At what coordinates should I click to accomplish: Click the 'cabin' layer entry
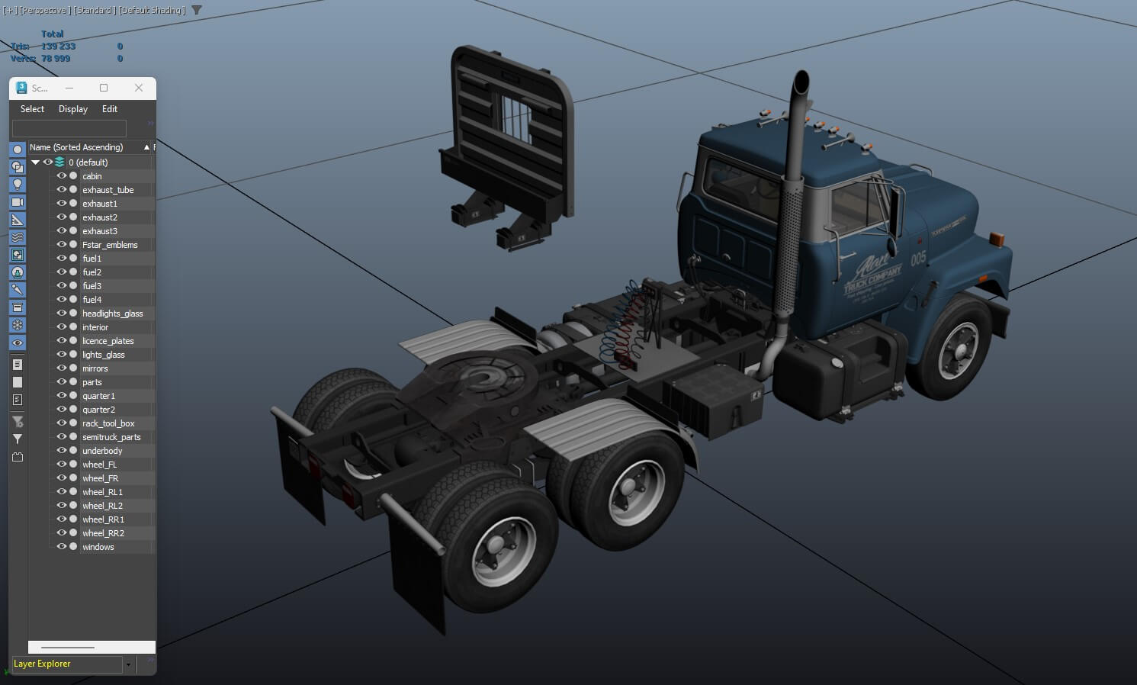pos(92,176)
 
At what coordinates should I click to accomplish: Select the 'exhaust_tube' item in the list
pos(108,190)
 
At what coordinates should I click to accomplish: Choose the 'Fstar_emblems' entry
pos(110,245)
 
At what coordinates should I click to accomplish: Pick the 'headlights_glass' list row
pos(112,314)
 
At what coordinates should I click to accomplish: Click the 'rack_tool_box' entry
pos(108,423)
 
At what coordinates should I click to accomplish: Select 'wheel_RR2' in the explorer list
pos(103,533)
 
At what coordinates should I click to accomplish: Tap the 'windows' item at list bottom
pos(98,547)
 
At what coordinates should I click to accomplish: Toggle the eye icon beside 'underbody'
pos(62,451)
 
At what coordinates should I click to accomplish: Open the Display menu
pos(73,109)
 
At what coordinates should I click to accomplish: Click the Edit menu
pos(110,109)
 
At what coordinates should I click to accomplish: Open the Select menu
pos(32,109)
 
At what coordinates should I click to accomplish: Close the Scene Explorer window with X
pos(139,88)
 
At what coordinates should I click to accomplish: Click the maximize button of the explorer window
pos(104,88)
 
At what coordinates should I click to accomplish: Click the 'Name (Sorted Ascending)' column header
pos(76,147)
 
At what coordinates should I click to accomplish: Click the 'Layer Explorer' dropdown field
pos(67,664)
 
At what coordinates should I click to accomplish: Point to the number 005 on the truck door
pos(918,259)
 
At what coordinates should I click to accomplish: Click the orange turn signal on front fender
pos(997,238)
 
